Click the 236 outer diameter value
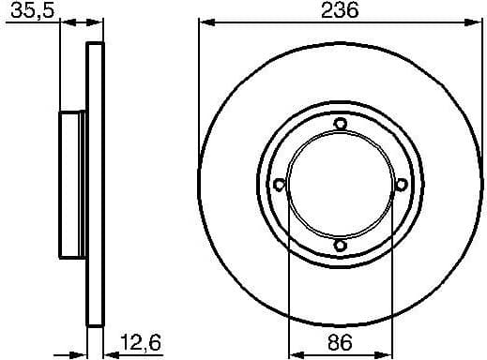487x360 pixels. (x=340, y=10)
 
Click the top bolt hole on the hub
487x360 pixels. (x=340, y=124)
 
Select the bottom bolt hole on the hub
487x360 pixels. (x=340, y=246)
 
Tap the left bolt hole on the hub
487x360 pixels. (x=279, y=185)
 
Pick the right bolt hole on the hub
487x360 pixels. (x=401, y=185)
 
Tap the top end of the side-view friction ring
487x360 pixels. (x=93, y=46)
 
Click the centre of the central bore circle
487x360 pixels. (x=340, y=185)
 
